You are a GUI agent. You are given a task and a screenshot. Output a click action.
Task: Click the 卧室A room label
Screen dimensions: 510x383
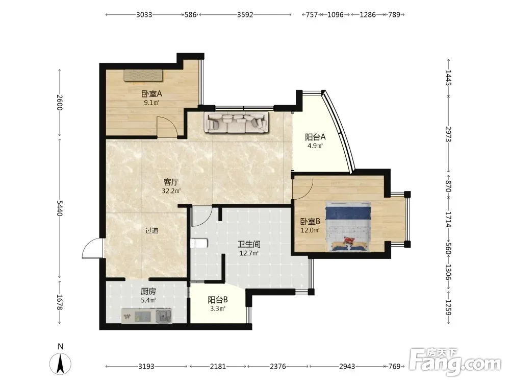151,94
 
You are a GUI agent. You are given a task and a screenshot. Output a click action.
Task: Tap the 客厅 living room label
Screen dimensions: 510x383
171,182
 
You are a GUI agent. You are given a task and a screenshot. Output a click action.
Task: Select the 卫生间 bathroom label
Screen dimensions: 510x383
249,244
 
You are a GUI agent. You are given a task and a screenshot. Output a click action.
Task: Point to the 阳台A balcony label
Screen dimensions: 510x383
315,137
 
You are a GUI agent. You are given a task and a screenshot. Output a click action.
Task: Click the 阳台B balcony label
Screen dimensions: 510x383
218,300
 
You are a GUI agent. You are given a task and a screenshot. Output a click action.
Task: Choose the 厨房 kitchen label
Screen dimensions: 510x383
148,292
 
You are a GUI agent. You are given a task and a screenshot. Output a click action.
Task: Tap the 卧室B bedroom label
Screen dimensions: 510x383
310,222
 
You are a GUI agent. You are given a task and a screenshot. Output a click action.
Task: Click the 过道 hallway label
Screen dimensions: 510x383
152,231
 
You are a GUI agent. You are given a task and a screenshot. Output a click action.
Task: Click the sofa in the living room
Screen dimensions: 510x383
237,122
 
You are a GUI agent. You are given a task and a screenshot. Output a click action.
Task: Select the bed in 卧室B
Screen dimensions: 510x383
348,227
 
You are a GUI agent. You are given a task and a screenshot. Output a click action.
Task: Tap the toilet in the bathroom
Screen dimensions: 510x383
199,244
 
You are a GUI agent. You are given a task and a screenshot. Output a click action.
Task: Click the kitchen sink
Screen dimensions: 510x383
164,316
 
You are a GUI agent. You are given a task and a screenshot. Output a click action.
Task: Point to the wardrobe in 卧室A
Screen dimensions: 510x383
143,75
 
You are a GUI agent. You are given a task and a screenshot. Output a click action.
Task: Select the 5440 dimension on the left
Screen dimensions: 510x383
60,208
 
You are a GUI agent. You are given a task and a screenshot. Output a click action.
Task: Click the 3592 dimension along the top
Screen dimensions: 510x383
245,15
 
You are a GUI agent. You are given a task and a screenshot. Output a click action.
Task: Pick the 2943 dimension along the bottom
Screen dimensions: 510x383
347,366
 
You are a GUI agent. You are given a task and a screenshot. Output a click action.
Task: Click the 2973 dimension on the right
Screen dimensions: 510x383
448,134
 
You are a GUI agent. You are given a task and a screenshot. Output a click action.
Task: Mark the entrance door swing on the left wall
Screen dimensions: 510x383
92,248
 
